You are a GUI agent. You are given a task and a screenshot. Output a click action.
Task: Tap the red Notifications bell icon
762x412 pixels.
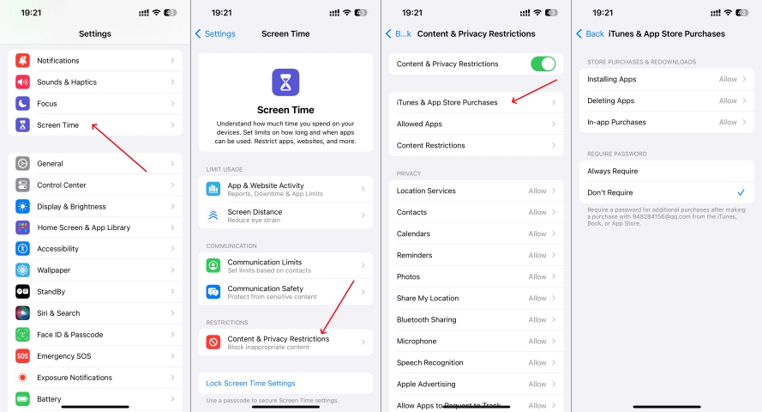click(x=22, y=60)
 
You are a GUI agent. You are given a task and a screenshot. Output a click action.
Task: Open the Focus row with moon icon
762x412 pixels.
click(x=95, y=104)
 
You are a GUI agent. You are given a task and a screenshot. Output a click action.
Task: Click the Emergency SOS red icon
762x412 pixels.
click(x=22, y=356)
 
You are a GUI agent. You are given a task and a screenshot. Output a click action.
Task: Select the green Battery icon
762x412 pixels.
click(x=22, y=399)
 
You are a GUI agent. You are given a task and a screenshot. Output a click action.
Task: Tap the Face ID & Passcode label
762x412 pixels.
click(x=70, y=335)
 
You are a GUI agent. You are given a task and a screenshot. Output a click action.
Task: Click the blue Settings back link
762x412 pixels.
click(x=215, y=33)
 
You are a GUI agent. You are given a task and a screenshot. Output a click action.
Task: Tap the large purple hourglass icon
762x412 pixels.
click(x=285, y=82)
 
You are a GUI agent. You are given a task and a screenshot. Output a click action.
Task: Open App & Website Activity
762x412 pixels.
click(x=285, y=189)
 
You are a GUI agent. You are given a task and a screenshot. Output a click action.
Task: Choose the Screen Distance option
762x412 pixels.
click(x=285, y=215)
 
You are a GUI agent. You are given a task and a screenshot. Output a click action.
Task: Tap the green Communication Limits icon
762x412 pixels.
click(x=213, y=265)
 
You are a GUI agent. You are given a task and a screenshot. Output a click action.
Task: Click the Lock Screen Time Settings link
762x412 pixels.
click(x=250, y=384)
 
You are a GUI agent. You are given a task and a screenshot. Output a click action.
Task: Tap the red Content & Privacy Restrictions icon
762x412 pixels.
click(x=213, y=342)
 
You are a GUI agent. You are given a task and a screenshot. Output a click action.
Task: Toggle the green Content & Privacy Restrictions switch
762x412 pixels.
click(x=543, y=64)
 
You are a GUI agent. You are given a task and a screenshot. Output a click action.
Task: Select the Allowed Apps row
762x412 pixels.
click(x=477, y=124)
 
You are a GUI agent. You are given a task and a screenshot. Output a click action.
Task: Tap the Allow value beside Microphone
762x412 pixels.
click(x=537, y=341)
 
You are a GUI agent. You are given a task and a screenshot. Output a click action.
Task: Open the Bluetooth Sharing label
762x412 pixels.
click(x=426, y=319)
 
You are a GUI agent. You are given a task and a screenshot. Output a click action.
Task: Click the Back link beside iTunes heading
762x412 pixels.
click(x=591, y=33)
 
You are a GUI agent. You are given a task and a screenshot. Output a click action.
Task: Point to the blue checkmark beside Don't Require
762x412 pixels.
click(x=741, y=192)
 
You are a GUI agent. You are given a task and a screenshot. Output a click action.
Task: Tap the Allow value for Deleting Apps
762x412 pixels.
click(x=728, y=100)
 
